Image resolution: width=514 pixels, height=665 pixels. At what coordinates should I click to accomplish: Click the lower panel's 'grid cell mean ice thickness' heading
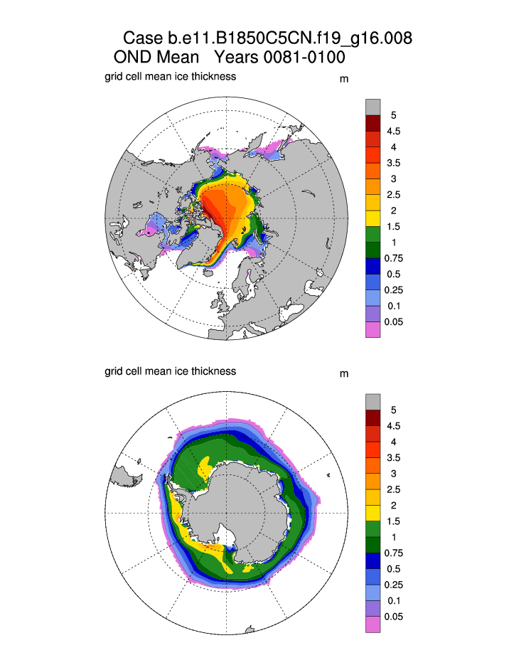point(170,371)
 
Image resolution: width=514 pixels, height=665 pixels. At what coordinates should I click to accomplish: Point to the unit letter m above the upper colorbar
point(344,79)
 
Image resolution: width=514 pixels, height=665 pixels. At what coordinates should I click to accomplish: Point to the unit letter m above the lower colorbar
point(344,374)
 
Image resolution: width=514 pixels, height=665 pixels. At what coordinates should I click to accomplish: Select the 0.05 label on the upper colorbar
point(393,321)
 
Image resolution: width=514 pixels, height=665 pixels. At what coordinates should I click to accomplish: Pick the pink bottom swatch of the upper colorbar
point(373,329)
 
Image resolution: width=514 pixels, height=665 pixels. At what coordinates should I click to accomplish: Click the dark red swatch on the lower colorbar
point(373,417)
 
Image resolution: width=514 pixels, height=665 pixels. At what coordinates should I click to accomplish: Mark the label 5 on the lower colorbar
point(393,410)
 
